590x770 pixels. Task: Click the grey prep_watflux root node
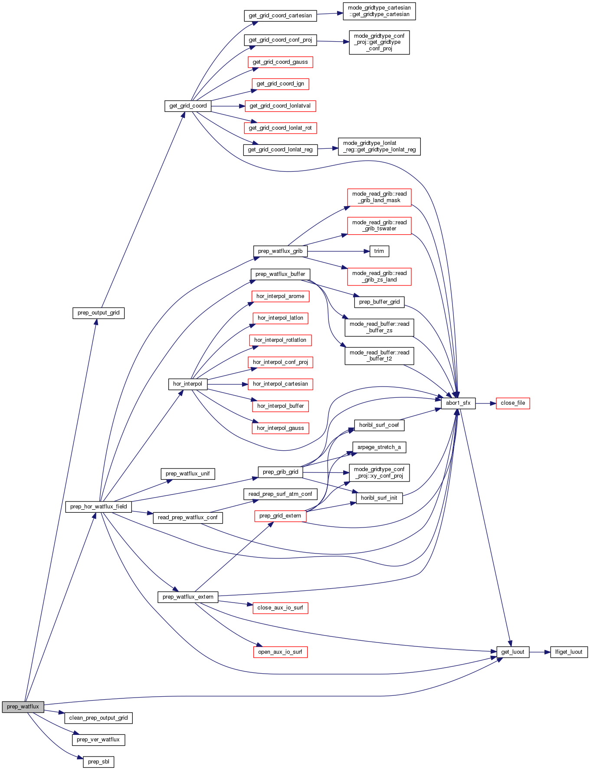point(23,707)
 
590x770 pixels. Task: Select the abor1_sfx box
point(458,403)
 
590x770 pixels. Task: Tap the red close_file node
point(512,403)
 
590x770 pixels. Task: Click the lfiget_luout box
point(569,652)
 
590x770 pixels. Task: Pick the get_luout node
point(513,652)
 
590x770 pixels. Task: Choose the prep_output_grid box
point(98,313)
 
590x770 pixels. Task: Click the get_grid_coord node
point(188,106)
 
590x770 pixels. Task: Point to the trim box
point(379,251)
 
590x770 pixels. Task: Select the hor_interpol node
point(187,384)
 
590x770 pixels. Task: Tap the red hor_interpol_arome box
point(280,296)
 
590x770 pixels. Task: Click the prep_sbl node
point(98,762)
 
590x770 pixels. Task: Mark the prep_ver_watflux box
point(98,740)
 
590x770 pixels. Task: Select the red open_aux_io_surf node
point(280,652)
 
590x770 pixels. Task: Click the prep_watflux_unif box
point(187,474)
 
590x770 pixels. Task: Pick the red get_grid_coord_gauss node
point(280,62)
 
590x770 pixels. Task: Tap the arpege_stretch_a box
point(379,447)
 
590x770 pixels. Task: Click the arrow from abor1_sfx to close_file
point(485,403)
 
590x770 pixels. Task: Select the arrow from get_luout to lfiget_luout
point(540,652)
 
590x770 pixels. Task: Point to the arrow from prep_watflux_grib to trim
point(338,251)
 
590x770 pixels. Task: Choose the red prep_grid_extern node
point(280,516)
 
